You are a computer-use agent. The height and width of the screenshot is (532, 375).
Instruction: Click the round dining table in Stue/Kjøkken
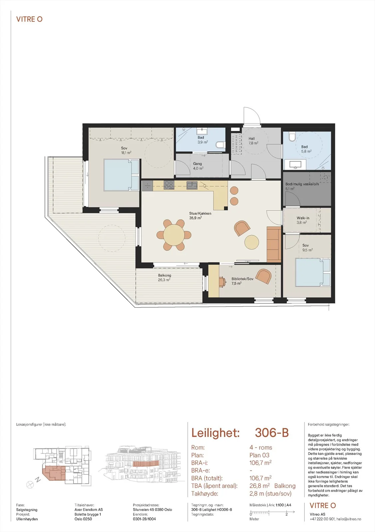tap(174, 235)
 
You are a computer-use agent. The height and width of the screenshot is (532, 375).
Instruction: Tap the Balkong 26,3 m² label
tap(164, 278)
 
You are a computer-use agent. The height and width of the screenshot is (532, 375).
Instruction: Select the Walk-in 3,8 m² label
tap(303, 220)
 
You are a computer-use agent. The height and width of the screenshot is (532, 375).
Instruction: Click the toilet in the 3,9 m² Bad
tap(220, 145)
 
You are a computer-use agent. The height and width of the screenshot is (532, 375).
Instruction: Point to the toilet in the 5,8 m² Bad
tap(291, 137)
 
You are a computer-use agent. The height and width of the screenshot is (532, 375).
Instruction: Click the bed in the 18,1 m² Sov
tap(121, 175)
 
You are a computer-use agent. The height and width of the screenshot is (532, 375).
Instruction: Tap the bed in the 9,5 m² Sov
tap(313, 272)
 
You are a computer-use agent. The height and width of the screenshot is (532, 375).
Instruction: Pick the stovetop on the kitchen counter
tap(169, 185)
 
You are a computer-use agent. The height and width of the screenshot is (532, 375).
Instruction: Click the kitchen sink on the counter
tap(192, 185)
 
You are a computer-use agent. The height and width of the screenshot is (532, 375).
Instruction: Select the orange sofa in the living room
tap(274, 244)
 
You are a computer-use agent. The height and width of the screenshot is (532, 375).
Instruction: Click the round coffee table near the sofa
tap(252, 242)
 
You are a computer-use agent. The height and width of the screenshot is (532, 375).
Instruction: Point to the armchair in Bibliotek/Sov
tap(264, 276)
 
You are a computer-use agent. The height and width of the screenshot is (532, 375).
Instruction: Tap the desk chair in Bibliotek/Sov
tap(223, 281)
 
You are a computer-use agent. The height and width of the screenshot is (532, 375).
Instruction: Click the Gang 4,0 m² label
tap(198, 166)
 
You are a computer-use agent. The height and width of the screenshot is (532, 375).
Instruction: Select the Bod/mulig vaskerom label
tap(302, 184)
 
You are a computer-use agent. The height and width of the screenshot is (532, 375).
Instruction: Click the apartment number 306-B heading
tap(272, 433)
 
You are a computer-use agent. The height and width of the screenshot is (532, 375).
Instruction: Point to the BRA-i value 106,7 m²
tap(260, 463)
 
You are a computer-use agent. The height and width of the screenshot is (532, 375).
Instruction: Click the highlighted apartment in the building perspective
tap(145, 464)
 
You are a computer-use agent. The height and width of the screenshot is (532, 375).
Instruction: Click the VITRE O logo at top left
tap(29, 19)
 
